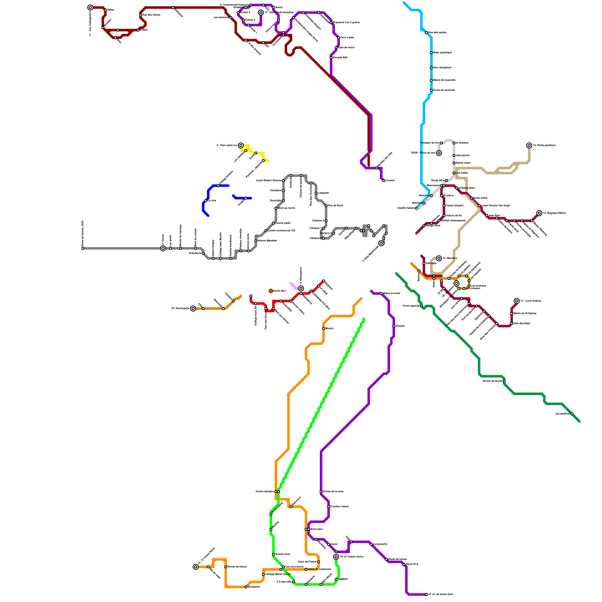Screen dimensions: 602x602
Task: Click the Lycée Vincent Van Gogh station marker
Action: point(479,206)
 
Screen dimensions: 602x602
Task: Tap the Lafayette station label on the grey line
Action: point(323,193)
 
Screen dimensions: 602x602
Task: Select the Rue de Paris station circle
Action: point(326,206)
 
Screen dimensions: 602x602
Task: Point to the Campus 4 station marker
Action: point(333,233)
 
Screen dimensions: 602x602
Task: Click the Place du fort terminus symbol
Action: point(439,153)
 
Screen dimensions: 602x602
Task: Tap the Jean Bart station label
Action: point(494,216)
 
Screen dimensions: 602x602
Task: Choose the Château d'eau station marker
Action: point(456,188)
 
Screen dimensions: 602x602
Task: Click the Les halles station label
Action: point(462,173)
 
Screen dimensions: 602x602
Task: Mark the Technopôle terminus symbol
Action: point(193,309)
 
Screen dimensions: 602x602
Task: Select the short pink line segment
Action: point(293,286)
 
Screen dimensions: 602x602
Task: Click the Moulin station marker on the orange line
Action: point(324,328)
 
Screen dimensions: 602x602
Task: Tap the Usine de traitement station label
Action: point(319,569)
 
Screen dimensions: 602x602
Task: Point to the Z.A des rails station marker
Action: point(293,582)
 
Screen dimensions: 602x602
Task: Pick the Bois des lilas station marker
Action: point(512,324)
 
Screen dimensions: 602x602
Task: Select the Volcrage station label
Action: point(431,263)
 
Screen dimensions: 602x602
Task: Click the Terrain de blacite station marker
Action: point(504,381)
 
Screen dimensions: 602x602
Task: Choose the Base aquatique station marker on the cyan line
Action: point(431,53)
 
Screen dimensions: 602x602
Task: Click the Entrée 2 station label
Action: point(250,20)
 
